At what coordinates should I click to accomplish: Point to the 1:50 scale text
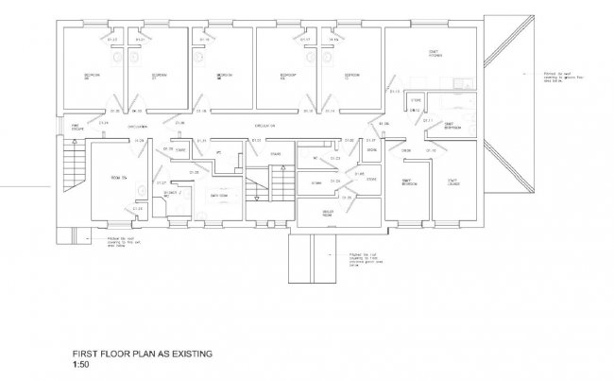point(82,363)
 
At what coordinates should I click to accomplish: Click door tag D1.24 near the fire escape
point(103,124)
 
